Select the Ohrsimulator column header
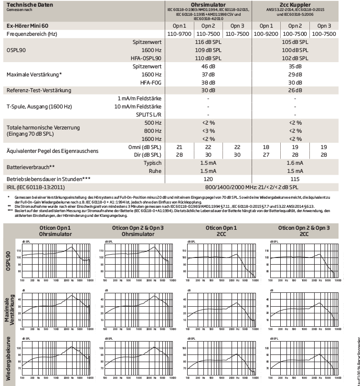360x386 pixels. click(x=208, y=4)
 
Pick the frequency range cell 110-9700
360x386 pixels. click(x=180, y=34)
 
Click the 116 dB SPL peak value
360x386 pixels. click(x=208, y=43)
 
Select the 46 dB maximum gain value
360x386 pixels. click(x=208, y=66)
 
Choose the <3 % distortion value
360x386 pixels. click(x=208, y=130)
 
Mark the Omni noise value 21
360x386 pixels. click(x=180, y=147)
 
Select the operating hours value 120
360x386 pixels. click(x=208, y=179)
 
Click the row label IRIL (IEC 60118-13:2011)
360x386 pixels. click(x=36, y=187)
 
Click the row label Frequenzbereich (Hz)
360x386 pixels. click(x=32, y=34)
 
